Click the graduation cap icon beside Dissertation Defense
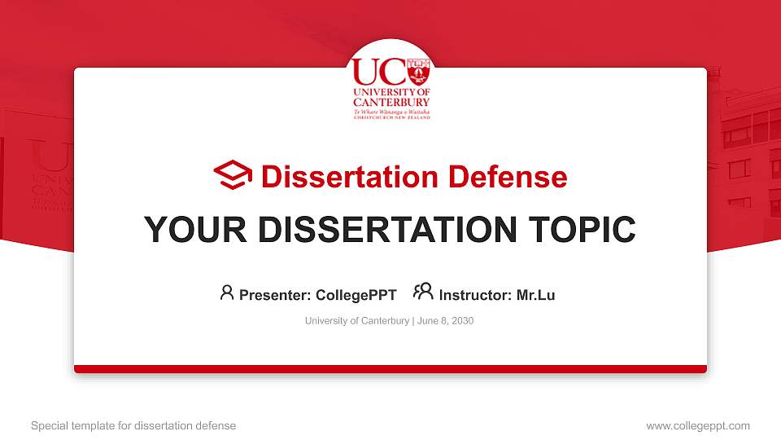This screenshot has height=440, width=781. click(233, 175)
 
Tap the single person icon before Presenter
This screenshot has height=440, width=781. click(227, 293)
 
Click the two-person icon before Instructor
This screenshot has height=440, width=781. click(423, 293)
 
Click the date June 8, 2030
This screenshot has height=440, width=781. click(446, 321)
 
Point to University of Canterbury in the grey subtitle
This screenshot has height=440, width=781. click(357, 321)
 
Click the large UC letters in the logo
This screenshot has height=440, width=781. click(377, 72)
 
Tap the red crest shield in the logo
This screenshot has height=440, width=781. click(417, 72)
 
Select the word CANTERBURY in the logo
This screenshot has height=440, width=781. click(391, 103)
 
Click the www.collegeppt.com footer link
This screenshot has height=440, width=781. click(697, 425)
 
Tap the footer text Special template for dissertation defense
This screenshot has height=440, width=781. click(133, 425)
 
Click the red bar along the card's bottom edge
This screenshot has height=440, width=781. click(390, 369)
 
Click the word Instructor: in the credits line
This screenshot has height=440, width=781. click(476, 295)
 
